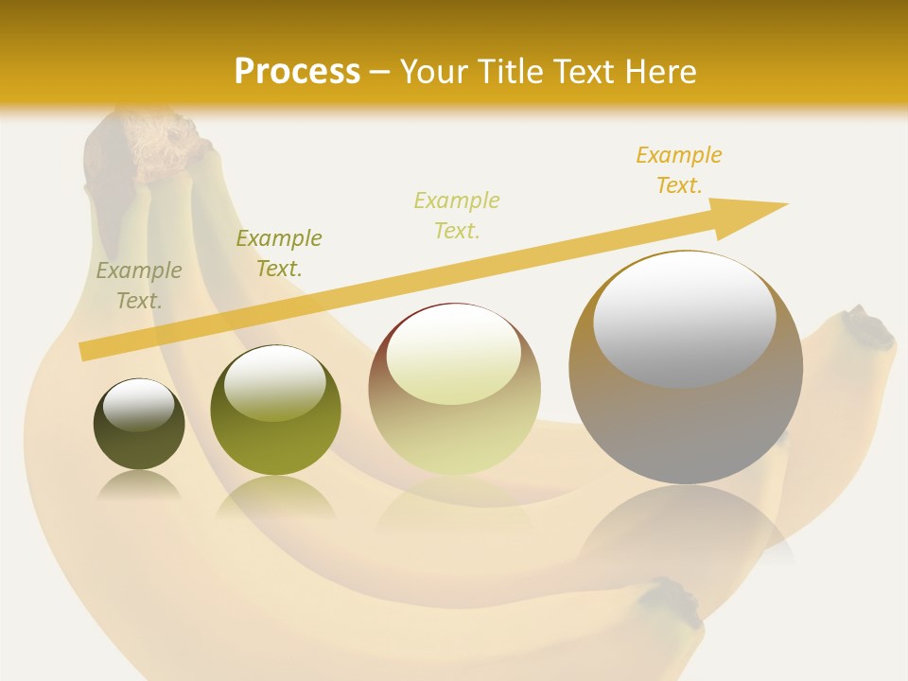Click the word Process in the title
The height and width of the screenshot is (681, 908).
[297, 72]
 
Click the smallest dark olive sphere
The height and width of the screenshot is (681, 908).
[139, 424]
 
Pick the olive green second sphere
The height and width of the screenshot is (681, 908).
[275, 410]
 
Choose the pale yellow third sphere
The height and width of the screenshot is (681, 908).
[454, 389]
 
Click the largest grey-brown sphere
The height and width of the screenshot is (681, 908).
[686, 368]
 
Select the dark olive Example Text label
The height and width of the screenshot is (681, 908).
[279, 253]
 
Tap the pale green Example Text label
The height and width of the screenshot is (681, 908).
[457, 216]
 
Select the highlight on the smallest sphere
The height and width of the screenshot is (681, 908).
[138, 405]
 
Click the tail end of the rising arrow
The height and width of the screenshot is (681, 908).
[87, 351]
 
